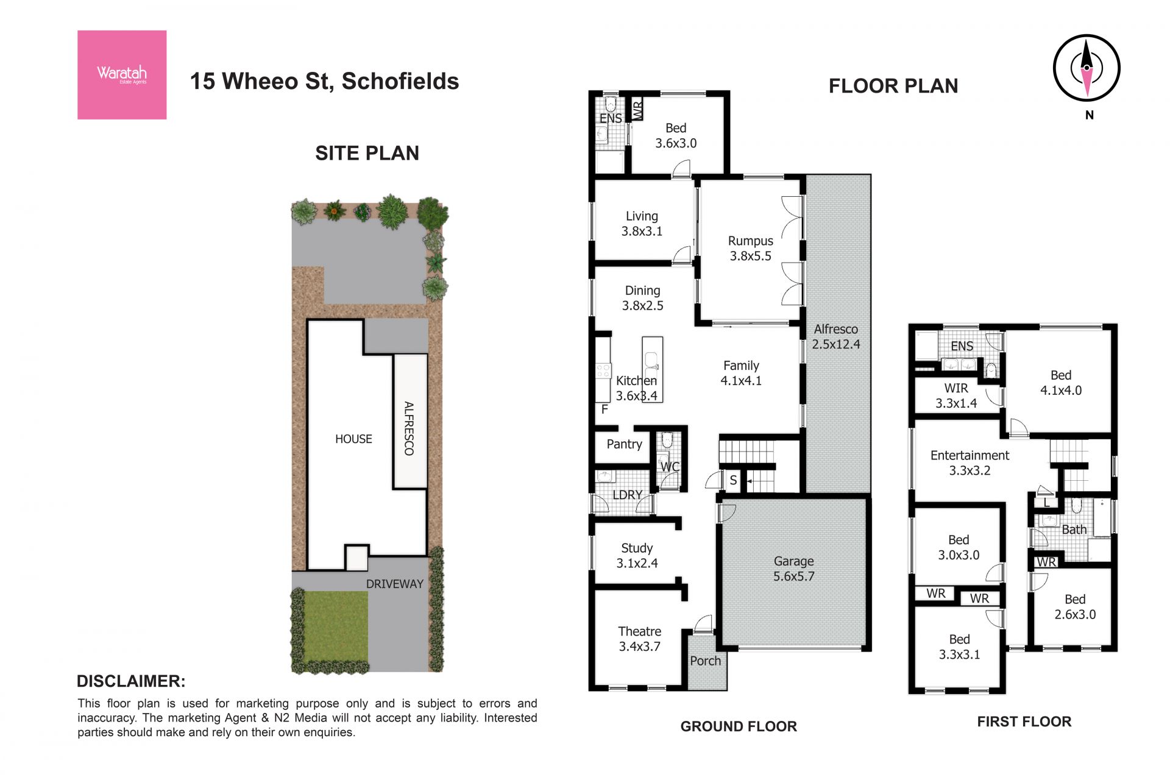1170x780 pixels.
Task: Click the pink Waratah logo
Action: tap(122, 74)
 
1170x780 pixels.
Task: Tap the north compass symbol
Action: tap(1087, 68)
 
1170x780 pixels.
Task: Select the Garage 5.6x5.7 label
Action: tap(793, 569)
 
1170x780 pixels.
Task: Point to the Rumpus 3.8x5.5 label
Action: tap(750, 249)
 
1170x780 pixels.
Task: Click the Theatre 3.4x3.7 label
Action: tap(639, 639)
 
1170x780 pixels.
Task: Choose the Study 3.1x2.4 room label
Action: tap(637, 556)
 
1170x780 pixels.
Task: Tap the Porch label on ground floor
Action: tap(705, 661)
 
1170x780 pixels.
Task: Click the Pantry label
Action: tap(624, 444)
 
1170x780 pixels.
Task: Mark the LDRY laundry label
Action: tap(627, 495)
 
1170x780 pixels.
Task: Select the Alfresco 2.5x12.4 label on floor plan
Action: tap(835, 336)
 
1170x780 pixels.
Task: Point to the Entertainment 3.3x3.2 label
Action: tap(970, 463)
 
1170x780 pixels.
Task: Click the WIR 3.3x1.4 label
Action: tap(955, 395)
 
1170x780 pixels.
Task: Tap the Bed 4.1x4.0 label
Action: tap(1060, 383)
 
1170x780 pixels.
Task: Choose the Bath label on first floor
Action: tap(1074, 530)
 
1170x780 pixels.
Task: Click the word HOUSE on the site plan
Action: tap(353, 439)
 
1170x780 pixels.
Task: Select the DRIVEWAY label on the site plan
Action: tap(394, 584)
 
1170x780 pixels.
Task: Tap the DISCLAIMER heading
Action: tap(131, 681)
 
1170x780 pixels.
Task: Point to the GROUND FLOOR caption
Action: tap(739, 726)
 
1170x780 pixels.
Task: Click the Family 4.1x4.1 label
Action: tap(741, 373)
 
